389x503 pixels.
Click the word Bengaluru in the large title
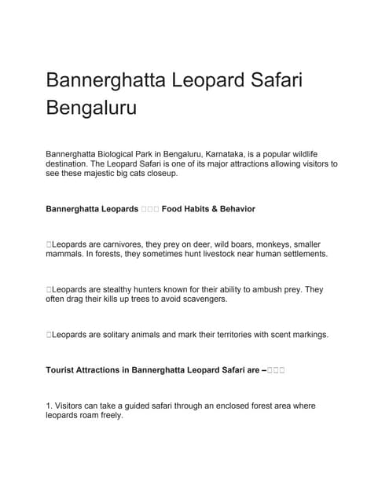[x=91, y=106]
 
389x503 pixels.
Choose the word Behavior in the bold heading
[x=233, y=209]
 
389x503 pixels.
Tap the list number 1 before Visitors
[x=49, y=406]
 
